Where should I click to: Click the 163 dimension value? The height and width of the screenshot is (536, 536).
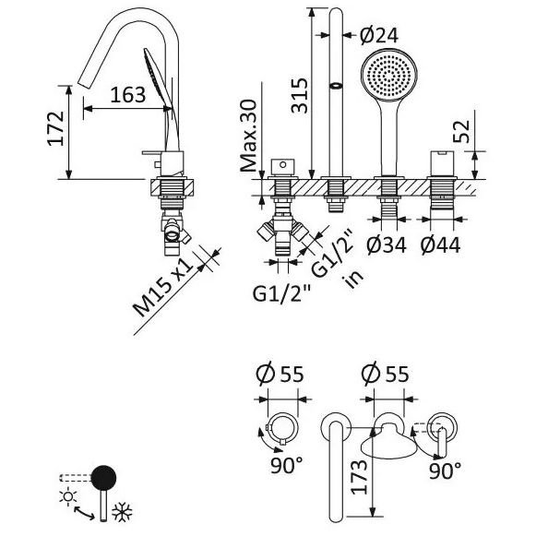click(128, 95)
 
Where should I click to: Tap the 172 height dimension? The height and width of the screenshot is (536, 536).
click(55, 129)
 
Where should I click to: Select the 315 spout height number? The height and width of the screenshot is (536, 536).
click(300, 95)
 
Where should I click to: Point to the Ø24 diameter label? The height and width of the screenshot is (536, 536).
click(379, 35)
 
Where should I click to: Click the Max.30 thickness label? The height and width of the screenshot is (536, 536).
click(248, 136)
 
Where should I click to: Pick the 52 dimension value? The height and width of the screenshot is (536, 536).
click(461, 132)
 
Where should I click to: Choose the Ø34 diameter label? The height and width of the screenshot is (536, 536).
click(387, 244)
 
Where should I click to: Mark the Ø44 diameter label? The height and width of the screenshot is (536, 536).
click(441, 244)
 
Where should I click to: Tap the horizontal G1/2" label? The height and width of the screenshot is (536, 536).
click(282, 293)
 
